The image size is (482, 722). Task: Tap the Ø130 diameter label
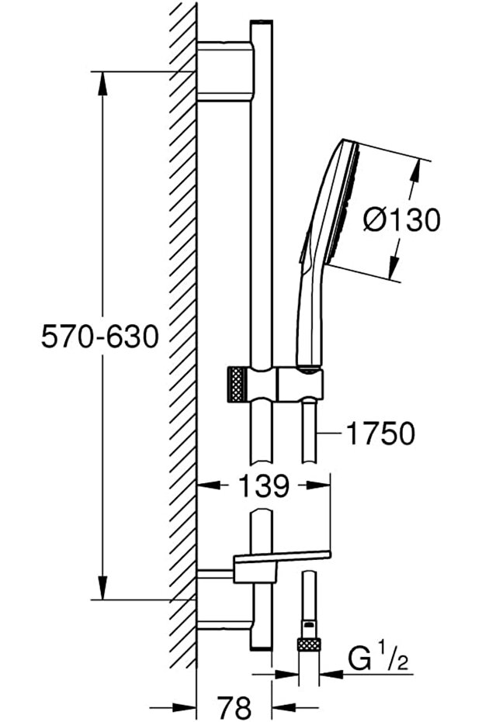click(x=401, y=219)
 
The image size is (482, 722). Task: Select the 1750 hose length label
click(x=380, y=434)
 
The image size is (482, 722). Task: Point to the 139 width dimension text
click(x=264, y=485)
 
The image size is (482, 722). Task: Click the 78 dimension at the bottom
click(x=234, y=706)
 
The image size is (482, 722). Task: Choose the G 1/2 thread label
click(x=378, y=659)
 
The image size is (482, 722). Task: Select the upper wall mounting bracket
click(x=225, y=71)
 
